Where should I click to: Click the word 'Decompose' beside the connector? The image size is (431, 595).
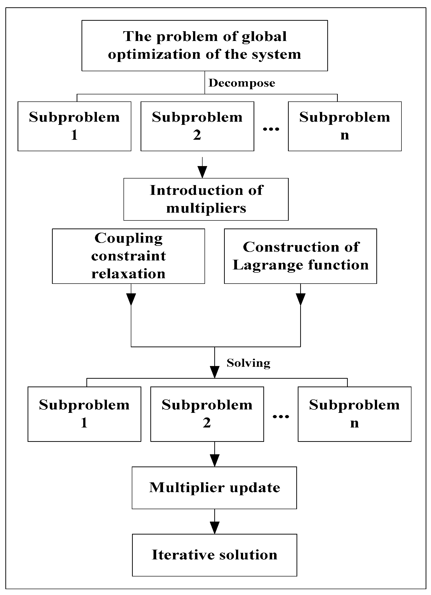(241, 83)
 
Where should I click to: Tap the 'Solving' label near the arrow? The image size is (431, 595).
(248, 363)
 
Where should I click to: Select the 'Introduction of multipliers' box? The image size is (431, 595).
(206, 199)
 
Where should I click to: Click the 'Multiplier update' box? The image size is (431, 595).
(214, 488)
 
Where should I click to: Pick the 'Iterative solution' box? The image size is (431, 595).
(214, 555)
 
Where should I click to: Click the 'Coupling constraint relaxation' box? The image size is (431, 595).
(128, 256)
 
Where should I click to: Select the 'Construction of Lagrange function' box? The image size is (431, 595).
(300, 256)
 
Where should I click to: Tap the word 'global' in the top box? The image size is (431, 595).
(264, 37)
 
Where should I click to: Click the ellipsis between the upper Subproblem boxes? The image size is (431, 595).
(271, 129)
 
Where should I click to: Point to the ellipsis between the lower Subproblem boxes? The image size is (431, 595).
(281, 416)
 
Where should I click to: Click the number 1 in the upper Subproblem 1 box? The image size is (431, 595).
(74, 135)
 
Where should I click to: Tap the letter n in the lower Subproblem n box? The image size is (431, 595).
(354, 423)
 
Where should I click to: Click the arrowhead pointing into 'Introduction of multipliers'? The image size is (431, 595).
(202, 173)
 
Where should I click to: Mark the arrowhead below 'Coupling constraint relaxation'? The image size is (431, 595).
(131, 299)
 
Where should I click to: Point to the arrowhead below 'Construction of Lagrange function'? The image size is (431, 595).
(300, 299)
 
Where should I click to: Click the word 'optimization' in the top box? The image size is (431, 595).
(154, 55)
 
